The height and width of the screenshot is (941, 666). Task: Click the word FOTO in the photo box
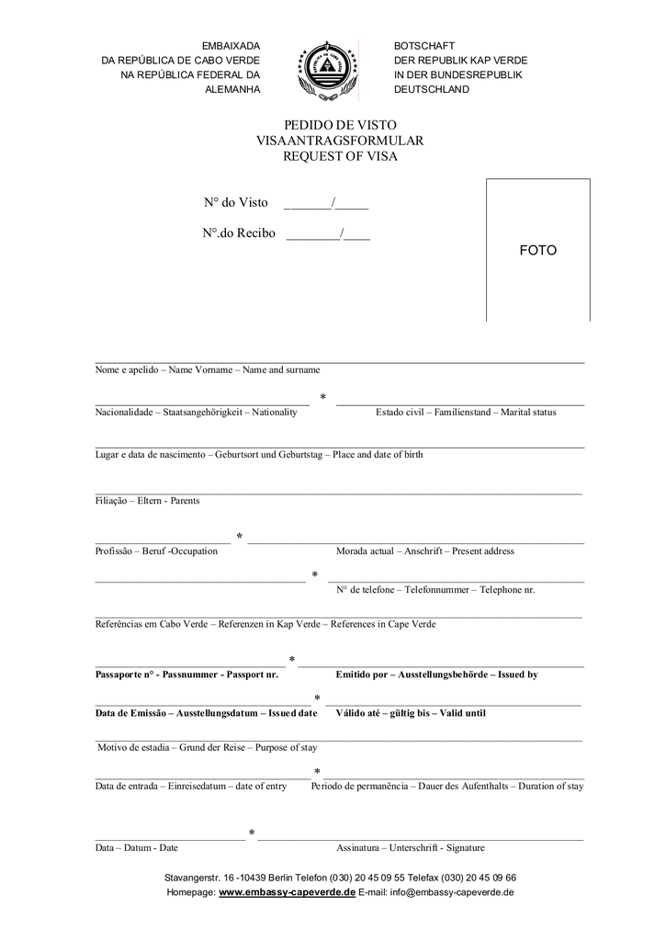coord(537,250)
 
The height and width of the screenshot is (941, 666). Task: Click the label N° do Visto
coord(236,202)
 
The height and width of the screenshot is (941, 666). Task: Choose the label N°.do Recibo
coord(240,233)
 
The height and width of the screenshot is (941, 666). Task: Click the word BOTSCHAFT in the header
coord(424,46)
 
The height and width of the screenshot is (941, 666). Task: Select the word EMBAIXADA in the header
coord(231,46)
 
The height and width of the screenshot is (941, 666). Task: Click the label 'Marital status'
coord(528,413)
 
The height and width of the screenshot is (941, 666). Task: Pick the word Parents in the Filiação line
coord(185,501)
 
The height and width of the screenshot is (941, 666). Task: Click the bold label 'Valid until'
coord(463,713)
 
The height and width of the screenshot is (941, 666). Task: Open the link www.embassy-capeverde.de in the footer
coord(287,892)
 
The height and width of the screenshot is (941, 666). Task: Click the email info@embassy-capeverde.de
coord(452,892)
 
